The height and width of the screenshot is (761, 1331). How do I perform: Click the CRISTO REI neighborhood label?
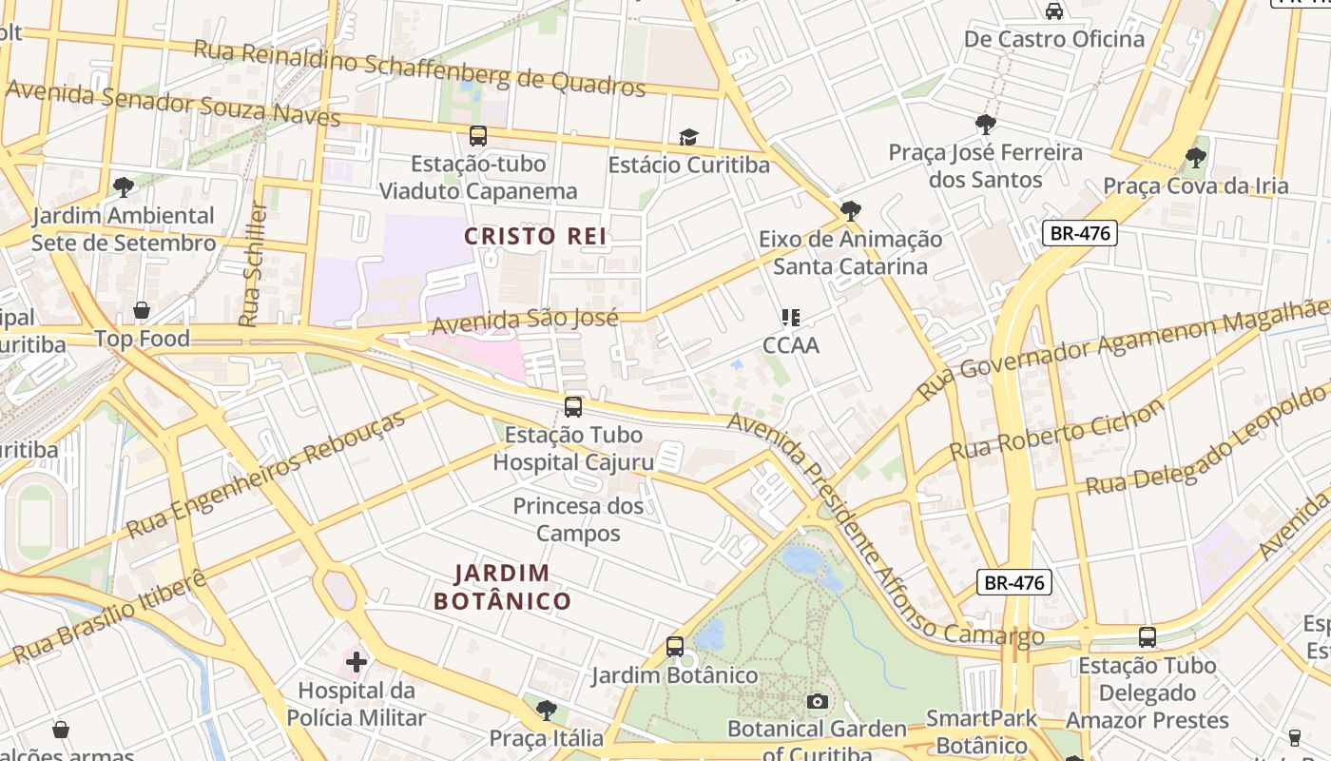(x=535, y=236)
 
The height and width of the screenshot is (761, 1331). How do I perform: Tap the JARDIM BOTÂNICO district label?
(x=502, y=587)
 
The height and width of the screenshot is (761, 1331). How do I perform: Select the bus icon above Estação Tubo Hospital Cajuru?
(x=572, y=407)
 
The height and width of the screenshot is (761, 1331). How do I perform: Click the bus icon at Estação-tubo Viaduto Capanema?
(x=477, y=136)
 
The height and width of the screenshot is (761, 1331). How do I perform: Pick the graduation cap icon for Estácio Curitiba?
(x=688, y=138)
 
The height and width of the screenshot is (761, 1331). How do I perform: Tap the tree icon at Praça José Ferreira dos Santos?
(x=985, y=124)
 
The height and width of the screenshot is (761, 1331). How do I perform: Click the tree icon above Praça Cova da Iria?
(x=1195, y=157)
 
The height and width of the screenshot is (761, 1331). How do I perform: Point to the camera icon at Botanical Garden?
(x=817, y=702)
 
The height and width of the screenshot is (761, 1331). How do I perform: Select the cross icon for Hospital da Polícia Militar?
(x=357, y=661)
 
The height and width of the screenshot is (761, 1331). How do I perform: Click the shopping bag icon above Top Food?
(x=142, y=310)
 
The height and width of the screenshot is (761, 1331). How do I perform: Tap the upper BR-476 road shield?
(x=1078, y=233)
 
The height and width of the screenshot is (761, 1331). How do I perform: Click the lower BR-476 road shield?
(x=1014, y=582)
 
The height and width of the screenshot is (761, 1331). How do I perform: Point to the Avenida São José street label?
(x=525, y=322)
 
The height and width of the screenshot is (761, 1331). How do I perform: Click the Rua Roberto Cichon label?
(x=1056, y=429)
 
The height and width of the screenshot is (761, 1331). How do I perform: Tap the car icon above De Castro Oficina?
(x=1053, y=11)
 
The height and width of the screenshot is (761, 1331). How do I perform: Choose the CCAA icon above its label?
(x=790, y=317)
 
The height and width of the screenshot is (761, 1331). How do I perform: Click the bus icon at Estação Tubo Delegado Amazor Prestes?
(x=1147, y=637)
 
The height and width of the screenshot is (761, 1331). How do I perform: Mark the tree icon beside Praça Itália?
(x=546, y=710)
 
